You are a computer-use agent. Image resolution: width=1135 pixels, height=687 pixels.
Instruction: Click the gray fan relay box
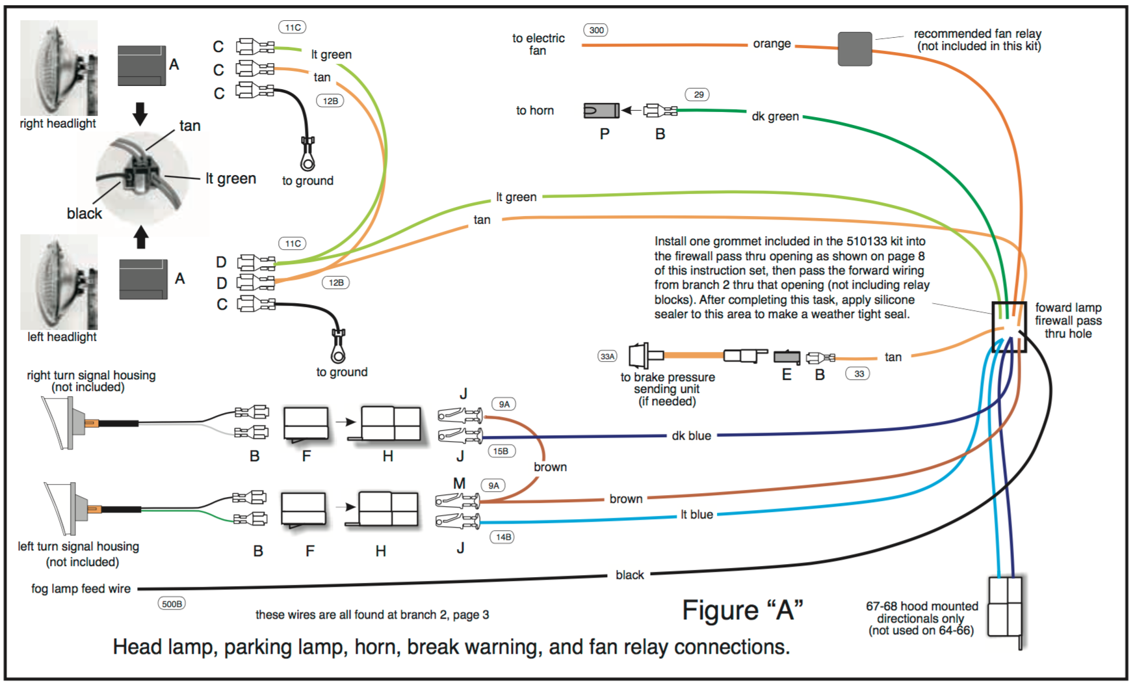click(x=854, y=49)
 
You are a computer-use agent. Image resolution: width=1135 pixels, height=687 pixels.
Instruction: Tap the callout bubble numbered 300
click(x=596, y=30)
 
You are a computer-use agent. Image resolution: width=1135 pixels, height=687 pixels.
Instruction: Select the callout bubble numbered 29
click(x=698, y=94)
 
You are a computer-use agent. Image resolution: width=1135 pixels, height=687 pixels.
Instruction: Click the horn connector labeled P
click(x=601, y=111)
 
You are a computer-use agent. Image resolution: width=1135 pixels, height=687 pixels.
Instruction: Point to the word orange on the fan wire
click(x=772, y=44)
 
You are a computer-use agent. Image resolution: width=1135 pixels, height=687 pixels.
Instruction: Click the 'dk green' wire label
click(x=775, y=116)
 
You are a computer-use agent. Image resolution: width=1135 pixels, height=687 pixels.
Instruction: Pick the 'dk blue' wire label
click(x=691, y=436)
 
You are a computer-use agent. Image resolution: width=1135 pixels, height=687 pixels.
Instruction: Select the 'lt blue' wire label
click(x=696, y=515)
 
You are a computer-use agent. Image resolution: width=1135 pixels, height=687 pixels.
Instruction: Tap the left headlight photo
click(x=59, y=282)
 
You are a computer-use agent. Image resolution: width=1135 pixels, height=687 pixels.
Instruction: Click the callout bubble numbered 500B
click(x=172, y=604)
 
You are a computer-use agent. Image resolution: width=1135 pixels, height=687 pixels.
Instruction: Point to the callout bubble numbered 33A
click(x=607, y=357)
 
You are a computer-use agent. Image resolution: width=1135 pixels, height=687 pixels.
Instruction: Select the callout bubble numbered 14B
click(x=503, y=537)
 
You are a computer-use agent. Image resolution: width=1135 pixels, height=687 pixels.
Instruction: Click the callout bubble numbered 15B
click(x=501, y=451)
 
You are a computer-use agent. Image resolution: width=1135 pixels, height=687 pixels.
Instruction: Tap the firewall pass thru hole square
click(x=1008, y=327)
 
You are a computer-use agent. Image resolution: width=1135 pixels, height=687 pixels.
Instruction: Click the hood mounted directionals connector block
click(x=1005, y=607)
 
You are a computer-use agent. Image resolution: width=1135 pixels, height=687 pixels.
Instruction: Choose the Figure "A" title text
click(x=742, y=610)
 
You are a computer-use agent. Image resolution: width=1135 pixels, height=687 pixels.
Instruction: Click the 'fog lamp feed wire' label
click(x=81, y=589)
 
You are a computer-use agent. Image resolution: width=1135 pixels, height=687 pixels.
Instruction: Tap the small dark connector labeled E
click(x=787, y=357)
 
